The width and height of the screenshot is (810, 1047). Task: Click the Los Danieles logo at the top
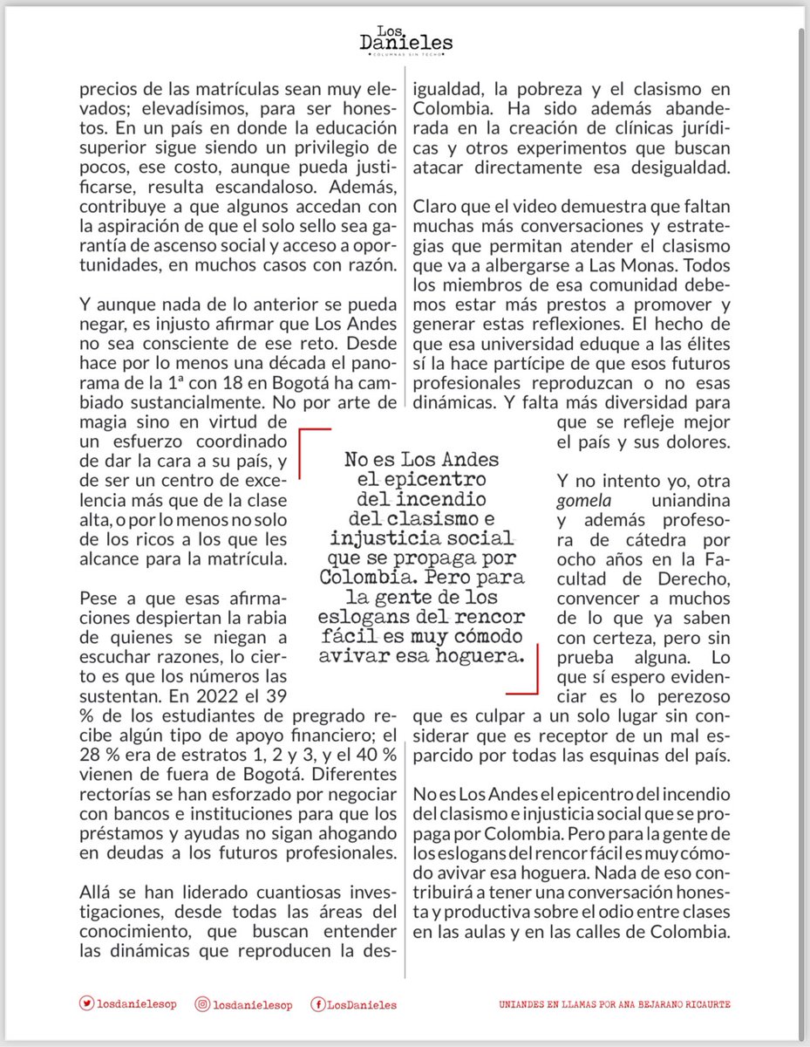click(405, 40)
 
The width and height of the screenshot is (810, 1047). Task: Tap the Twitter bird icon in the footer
click(86, 1004)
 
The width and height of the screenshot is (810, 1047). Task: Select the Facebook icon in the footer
click(319, 1004)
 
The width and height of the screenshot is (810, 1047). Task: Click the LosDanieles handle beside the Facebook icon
click(362, 1005)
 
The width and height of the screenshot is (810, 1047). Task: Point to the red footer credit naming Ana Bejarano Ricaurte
click(615, 1005)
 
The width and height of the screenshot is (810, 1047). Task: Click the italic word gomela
click(581, 502)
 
